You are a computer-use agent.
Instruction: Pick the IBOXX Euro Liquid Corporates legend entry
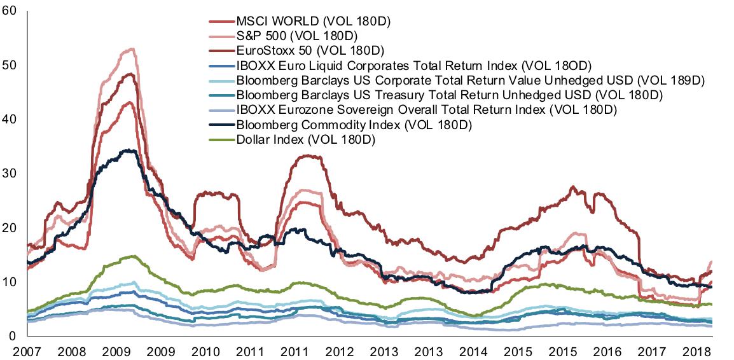click(x=414, y=66)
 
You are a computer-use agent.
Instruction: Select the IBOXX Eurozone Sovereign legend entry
click(x=427, y=110)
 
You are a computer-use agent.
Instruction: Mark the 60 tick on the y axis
click(x=10, y=11)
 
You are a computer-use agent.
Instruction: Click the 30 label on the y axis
click(x=10, y=174)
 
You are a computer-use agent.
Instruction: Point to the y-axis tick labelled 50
click(x=10, y=66)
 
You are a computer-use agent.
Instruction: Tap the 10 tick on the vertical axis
click(x=10, y=282)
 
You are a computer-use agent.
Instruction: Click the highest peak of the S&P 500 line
click(x=131, y=48)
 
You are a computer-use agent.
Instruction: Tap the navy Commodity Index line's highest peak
click(x=130, y=150)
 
